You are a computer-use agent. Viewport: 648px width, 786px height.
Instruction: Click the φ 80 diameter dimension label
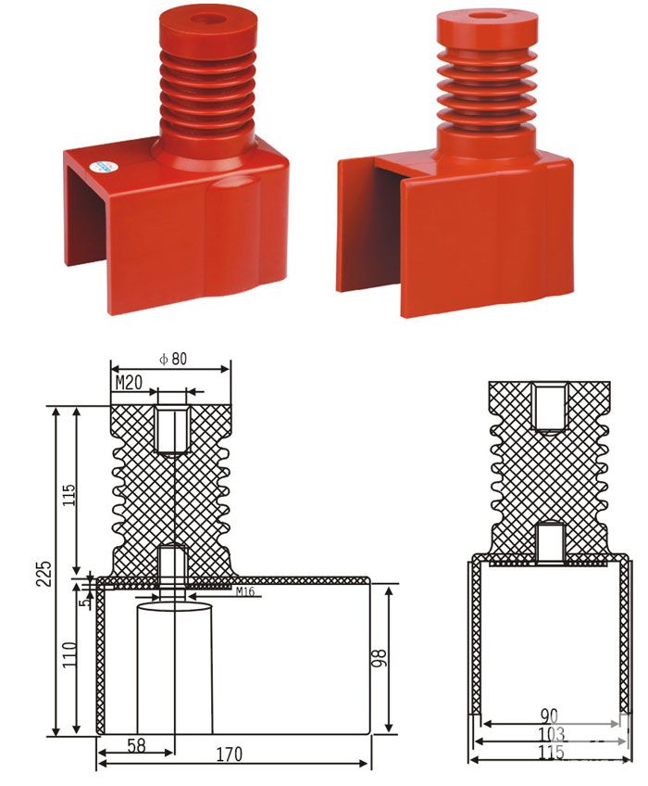pyautogui.click(x=173, y=359)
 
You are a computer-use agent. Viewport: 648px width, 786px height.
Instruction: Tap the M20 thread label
pyautogui.click(x=129, y=383)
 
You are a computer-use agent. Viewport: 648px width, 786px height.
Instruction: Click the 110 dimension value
pyautogui.click(x=69, y=654)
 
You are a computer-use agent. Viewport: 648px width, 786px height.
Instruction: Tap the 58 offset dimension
pyautogui.click(x=136, y=745)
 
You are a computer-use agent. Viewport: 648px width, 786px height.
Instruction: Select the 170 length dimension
pyautogui.click(x=229, y=754)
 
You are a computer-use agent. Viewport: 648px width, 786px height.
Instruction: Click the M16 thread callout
pyautogui.click(x=245, y=592)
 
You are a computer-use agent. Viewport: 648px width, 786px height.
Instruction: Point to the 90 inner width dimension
pyautogui.click(x=549, y=716)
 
